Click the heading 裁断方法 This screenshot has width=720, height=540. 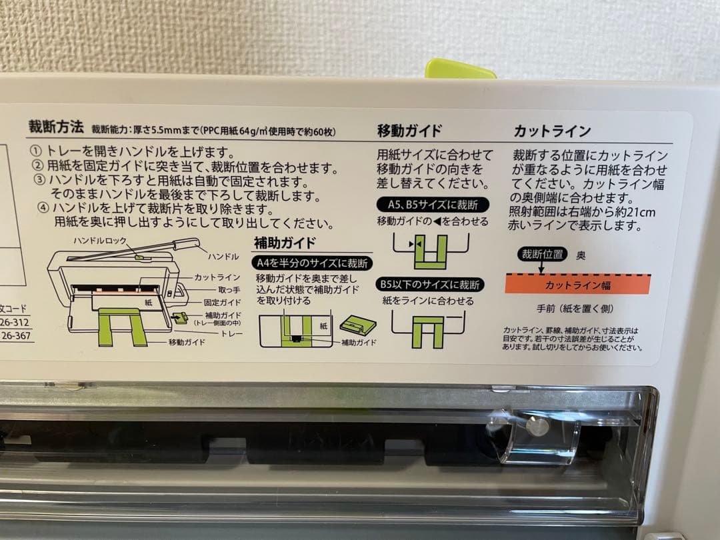click(x=56, y=127)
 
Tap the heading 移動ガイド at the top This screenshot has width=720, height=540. click(x=409, y=131)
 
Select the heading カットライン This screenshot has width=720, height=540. click(x=552, y=131)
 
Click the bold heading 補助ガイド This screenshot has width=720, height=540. click(x=285, y=242)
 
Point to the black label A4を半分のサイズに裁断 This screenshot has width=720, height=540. click(x=312, y=263)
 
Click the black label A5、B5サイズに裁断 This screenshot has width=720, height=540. click(x=433, y=205)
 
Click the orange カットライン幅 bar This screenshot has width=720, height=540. click(x=577, y=285)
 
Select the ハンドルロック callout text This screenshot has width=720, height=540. click(x=95, y=239)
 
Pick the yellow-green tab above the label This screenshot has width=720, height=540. click(x=460, y=69)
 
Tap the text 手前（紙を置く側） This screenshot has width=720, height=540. click(x=575, y=309)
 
